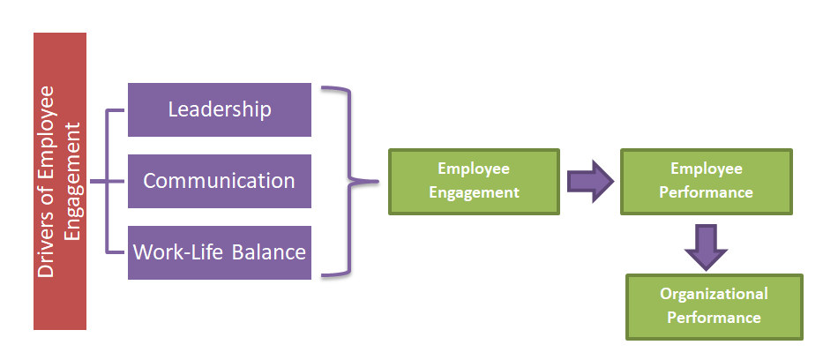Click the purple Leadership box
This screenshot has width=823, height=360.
point(220,109)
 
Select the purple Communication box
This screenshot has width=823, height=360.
point(220,181)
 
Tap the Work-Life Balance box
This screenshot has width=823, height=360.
point(220,252)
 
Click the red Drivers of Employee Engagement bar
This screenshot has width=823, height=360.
point(60,181)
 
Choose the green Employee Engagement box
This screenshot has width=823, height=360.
point(474,181)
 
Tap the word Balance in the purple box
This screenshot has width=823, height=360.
point(269,252)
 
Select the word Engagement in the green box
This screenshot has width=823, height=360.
point(474,192)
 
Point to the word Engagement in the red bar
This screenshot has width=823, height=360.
point(73,181)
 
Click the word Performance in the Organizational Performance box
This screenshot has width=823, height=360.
point(714,318)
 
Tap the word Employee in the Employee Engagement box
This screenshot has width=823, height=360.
point(474,169)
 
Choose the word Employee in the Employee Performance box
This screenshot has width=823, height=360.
point(707,169)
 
